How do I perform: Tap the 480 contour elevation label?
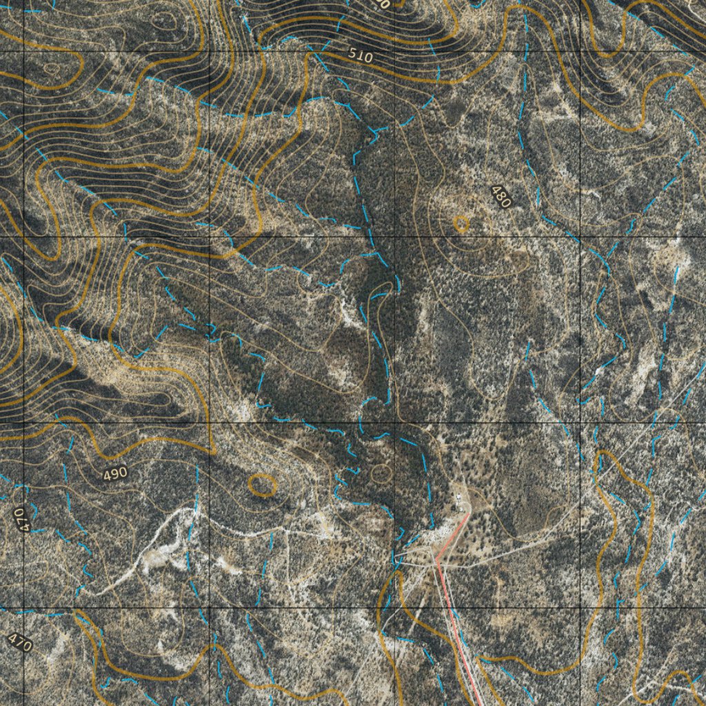(x=501, y=197)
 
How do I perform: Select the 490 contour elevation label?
(x=115, y=474)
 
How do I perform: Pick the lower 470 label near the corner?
(x=20, y=643)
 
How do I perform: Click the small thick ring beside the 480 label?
(x=461, y=223)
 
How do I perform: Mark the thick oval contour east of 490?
(x=262, y=485)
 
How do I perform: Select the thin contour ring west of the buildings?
(x=381, y=474)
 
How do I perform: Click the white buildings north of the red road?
(x=458, y=498)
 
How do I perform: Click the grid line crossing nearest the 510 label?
(x=394, y=51)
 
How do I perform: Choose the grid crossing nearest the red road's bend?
(x=394, y=608)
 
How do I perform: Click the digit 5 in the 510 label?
(x=353, y=53)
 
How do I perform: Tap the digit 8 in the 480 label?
(x=501, y=197)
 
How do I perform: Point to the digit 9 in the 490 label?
(x=115, y=474)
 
